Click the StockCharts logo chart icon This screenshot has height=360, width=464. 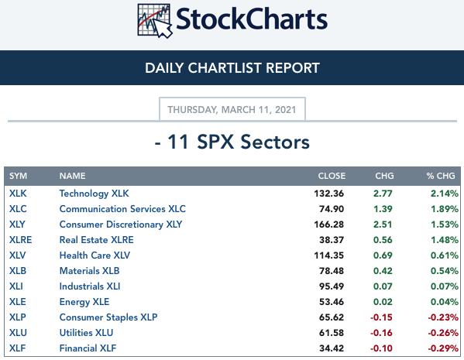[154, 20]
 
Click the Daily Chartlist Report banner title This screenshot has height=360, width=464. [232, 67]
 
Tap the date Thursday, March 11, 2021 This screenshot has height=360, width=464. [232, 110]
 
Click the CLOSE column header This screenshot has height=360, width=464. [332, 176]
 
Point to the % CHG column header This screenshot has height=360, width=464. [441, 176]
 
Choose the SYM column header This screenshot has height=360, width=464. [18, 176]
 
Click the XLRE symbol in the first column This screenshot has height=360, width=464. [20, 240]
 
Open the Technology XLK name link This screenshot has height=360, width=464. [94, 194]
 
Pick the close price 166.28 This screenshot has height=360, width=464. [328, 225]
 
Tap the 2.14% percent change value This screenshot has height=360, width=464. [445, 194]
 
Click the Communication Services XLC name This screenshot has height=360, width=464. [122, 209]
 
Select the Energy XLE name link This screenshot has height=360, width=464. [84, 302]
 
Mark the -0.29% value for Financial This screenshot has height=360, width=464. [443, 348]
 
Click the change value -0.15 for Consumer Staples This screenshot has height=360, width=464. [381, 317]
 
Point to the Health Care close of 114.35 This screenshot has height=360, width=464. [328, 255]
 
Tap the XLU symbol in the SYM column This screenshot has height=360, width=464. [18, 333]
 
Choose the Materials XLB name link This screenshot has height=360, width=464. [89, 271]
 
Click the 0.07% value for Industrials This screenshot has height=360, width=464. [445, 286]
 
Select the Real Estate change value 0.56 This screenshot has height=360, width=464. [383, 240]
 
